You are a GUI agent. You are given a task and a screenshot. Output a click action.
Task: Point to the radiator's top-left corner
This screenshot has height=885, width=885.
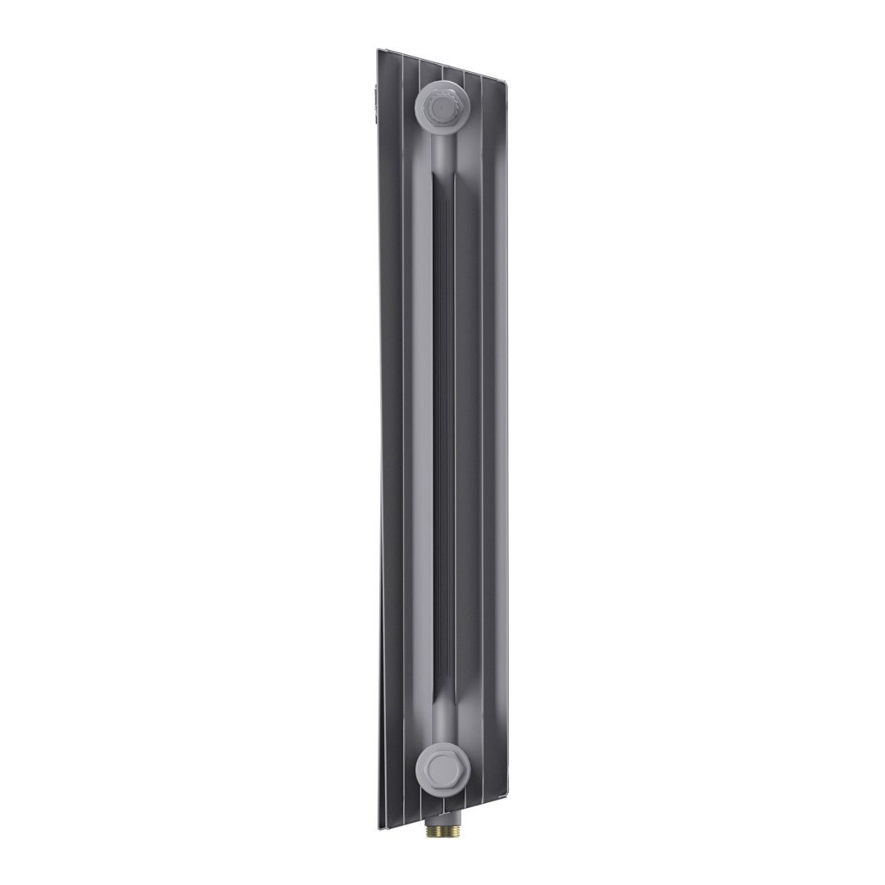pyautogui.click(x=379, y=51)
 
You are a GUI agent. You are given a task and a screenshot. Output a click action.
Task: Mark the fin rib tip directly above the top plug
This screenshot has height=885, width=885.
pyautogui.click(x=443, y=72)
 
